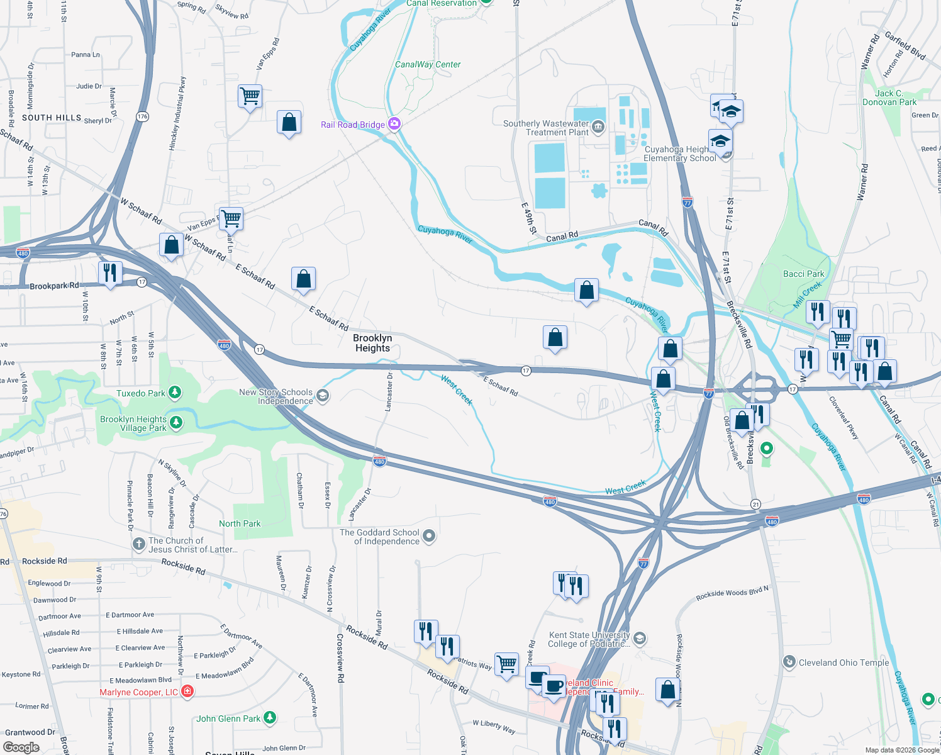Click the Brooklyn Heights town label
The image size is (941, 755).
(x=372, y=343)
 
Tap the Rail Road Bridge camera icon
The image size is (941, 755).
(x=394, y=123)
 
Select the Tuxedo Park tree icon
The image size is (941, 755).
(x=175, y=393)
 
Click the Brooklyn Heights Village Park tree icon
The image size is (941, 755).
(x=176, y=422)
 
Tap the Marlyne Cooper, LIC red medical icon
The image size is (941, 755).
(x=187, y=691)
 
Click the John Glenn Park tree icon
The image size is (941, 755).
(x=269, y=717)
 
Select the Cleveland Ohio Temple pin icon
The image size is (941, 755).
(x=789, y=662)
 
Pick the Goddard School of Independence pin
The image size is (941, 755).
(x=429, y=536)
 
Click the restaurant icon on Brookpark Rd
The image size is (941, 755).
(x=110, y=273)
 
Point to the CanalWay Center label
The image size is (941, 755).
(x=428, y=64)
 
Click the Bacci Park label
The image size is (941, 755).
(x=803, y=274)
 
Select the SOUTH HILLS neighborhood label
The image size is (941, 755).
(x=52, y=118)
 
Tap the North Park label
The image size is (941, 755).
(x=240, y=523)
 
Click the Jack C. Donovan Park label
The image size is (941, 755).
(x=889, y=98)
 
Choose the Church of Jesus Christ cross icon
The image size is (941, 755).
(x=139, y=544)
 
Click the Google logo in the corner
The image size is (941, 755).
(x=21, y=747)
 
